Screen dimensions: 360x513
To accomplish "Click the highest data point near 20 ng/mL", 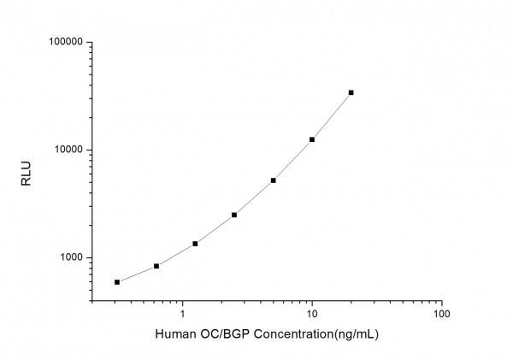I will (351, 92).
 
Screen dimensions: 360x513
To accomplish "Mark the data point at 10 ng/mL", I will (312, 139).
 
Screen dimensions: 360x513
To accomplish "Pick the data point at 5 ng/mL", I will (273, 180).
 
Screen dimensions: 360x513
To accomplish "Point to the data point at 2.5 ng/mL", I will (234, 215).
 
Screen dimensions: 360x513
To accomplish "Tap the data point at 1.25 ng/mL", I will (195, 244).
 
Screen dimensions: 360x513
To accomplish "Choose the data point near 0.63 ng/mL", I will (156, 266).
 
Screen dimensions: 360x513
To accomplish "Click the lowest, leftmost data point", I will (117, 282).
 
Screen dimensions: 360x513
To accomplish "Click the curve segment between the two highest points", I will (333, 115).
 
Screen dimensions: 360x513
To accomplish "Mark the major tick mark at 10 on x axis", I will (312, 300).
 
